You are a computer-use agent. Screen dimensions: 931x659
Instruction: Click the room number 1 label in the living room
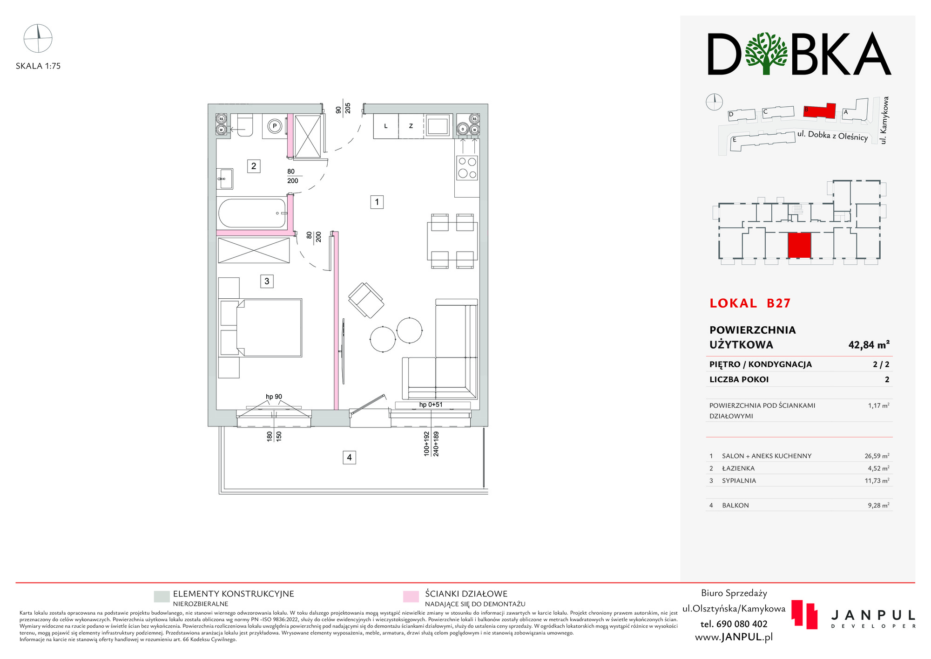(377, 202)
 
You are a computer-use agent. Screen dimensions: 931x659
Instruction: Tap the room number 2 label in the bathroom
(254, 166)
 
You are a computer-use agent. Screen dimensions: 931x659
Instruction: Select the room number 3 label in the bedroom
(267, 281)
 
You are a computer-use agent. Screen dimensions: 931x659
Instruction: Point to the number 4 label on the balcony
(349, 457)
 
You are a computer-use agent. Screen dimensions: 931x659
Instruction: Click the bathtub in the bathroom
(252, 213)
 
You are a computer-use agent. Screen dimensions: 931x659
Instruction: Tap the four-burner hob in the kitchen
(467, 168)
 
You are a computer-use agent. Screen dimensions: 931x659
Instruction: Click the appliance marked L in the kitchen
(386, 126)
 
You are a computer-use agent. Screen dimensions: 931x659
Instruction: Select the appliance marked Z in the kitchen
(411, 126)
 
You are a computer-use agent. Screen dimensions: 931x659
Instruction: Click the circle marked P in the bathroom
(275, 126)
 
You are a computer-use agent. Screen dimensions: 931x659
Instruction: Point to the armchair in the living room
(366, 300)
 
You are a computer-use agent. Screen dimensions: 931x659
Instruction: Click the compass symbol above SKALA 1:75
(38, 38)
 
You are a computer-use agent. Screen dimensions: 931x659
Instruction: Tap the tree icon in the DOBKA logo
(766, 53)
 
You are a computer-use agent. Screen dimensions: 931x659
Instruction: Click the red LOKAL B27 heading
(750, 303)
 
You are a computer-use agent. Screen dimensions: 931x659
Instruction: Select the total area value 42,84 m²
(869, 345)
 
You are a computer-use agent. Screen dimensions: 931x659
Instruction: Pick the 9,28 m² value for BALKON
(878, 505)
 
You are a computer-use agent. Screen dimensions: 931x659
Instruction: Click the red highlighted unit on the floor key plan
(799, 246)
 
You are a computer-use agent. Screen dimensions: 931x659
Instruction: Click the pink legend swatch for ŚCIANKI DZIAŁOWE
(411, 597)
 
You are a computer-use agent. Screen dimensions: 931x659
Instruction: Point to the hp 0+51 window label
(431, 405)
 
